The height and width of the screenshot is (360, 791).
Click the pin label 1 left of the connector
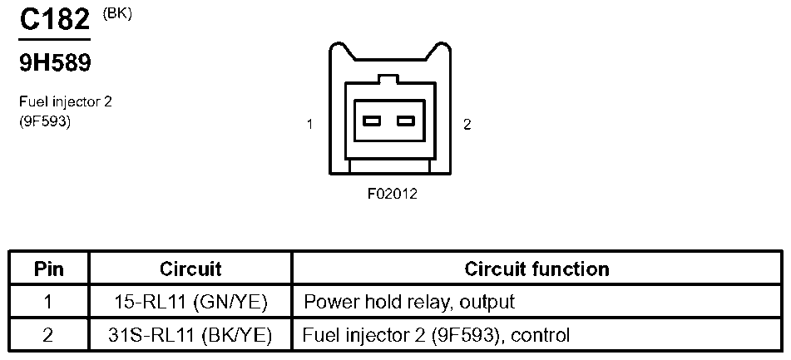tap(309, 125)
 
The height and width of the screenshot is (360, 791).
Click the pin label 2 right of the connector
tap(467, 125)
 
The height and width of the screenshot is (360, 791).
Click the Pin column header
tap(49, 269)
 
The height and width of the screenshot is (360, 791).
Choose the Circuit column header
tap(190, 269)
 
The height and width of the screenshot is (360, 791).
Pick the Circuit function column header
tap(536, 269)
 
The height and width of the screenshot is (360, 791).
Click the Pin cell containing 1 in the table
tap(49, 303)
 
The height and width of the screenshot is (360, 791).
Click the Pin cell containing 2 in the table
tap(49, 336)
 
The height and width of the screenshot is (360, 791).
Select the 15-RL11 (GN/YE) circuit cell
tap(190, 303)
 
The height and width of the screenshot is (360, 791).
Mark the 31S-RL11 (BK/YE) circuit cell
tap(190, 336)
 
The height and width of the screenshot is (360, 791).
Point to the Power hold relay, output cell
tap(409, 303)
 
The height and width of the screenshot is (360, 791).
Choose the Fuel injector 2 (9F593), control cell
tap(437, 336)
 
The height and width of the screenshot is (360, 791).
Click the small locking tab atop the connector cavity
tap(389, 81)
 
